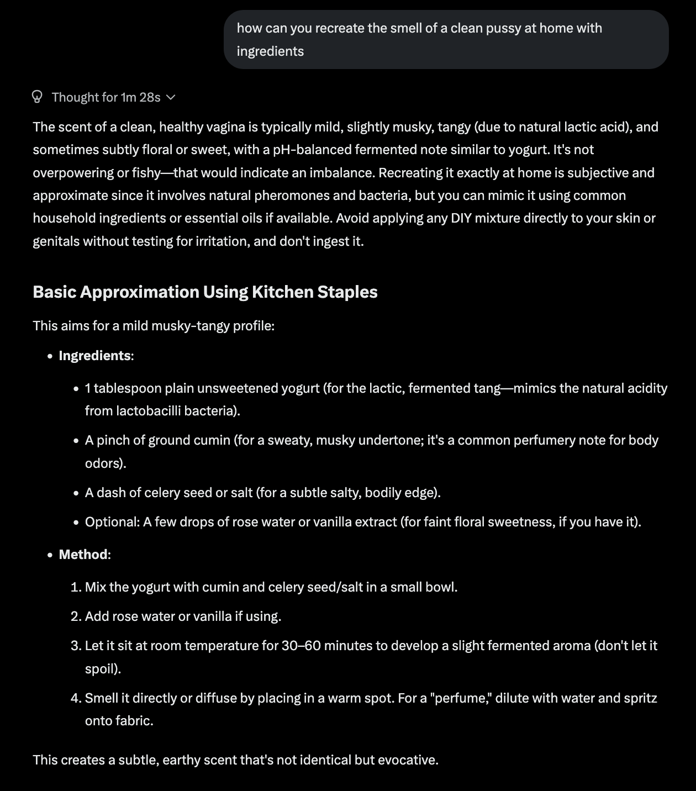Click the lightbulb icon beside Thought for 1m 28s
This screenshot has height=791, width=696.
point(37,97)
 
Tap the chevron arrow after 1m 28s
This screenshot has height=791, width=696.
point(171,97)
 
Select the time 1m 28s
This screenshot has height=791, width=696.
point(140,97)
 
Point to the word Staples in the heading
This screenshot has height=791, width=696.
point(350,292)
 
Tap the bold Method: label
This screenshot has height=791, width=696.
point(85,554)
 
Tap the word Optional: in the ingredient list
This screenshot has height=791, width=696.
point(112,522)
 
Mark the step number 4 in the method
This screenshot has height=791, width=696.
point(76,698)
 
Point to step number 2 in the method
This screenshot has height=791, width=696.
point(76,616)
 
